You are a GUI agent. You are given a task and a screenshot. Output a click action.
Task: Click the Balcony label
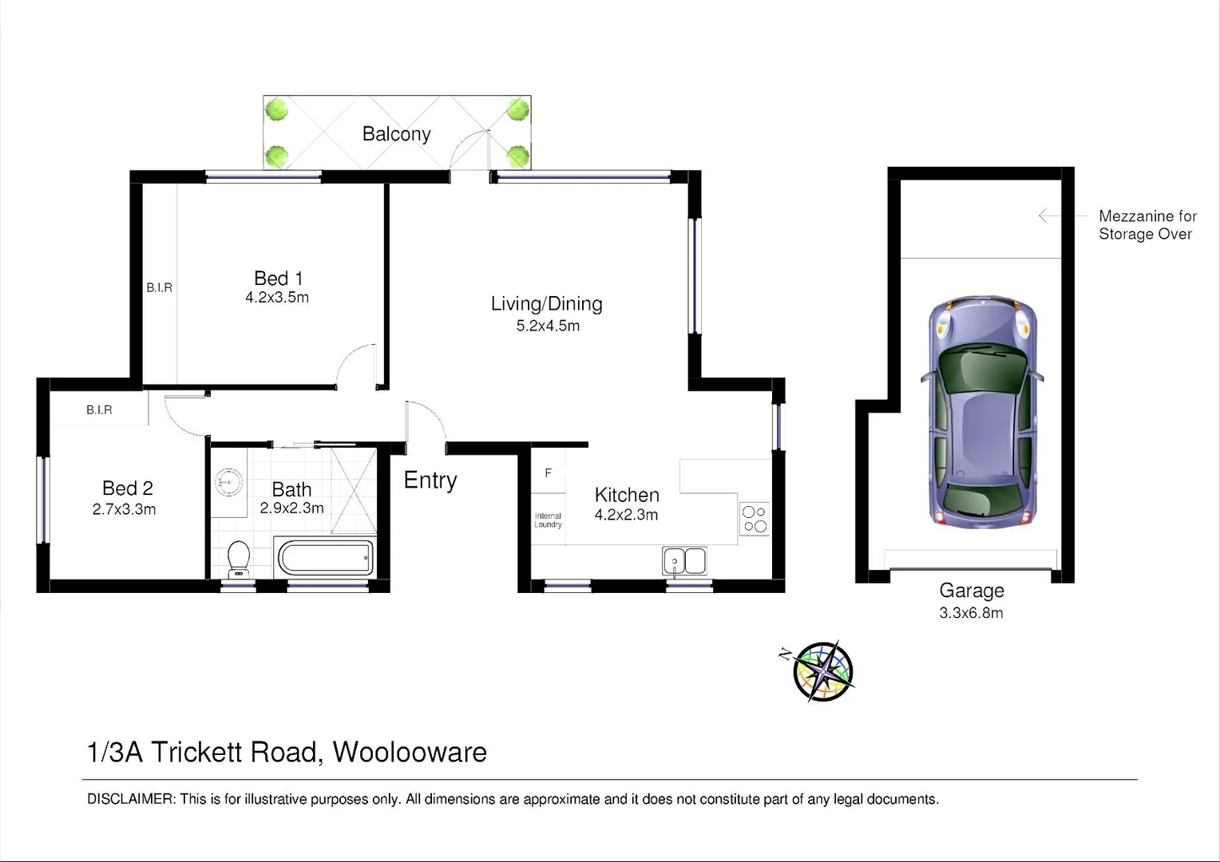396,134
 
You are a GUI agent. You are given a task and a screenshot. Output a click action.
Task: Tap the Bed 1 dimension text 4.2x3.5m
277,298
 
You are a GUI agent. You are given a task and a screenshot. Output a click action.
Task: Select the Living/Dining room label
547,304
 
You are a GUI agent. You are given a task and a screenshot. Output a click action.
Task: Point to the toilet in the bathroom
238,560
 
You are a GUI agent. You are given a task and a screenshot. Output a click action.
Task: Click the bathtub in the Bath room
324,557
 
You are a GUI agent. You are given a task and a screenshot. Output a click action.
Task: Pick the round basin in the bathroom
229,482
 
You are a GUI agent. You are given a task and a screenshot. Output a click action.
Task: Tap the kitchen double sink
684,561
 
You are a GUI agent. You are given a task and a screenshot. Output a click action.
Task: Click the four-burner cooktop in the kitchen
755,518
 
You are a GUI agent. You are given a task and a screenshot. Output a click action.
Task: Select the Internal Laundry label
548,520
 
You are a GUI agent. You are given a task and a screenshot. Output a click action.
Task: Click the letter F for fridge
549,473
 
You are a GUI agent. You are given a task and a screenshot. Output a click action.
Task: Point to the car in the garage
981,411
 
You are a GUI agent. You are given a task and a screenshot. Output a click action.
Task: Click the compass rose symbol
822,671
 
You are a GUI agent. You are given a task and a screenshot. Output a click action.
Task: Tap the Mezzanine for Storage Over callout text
1147,225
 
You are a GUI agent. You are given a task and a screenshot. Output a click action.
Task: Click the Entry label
430,480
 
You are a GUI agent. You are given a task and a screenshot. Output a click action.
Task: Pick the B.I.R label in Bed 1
159,287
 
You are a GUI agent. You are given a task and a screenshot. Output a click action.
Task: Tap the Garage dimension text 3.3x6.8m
971,613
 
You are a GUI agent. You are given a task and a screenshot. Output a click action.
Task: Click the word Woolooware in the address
410,752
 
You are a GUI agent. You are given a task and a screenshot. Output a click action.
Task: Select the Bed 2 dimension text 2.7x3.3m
124,509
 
